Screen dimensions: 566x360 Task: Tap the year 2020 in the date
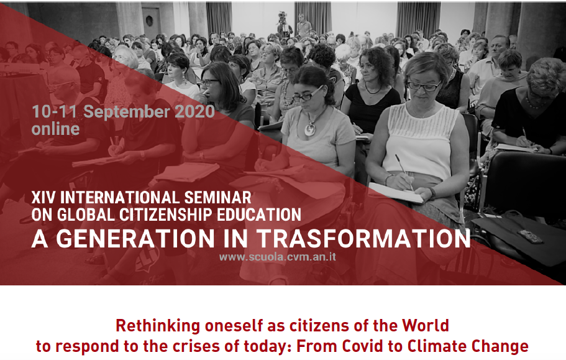click(x=195, y=111)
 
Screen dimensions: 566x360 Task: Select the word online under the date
click(x=55, y=129)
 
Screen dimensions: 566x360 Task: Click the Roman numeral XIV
click(x=43, y=198)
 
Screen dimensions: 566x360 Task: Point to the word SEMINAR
click(x=217, y=198)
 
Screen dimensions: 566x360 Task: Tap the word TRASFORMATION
click(x=363, y=238)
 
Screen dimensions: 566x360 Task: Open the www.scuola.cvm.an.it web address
click(x=277, y=257)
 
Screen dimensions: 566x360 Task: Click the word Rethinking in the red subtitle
click(x=158, y=326)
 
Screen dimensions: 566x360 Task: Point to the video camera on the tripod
click(x=282, y=17)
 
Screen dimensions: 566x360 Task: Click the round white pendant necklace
click(x=310, y=129)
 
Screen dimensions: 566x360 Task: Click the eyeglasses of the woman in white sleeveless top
click(x=424, y=86)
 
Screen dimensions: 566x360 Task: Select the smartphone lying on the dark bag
click(x=529, y=236)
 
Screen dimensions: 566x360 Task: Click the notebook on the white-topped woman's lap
click(x=395, y=193)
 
